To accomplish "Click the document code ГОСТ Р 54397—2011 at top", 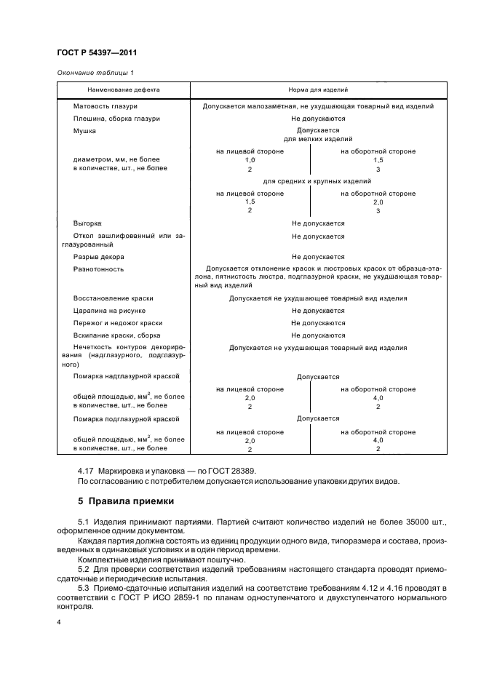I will click(x=96, y=53).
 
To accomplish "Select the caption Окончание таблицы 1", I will click(x=95, y=71).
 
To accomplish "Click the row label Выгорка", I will click(x=87, y=223).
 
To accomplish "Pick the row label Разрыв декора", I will click(x=98, y=257).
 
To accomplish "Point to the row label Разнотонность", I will click(x=98, y=269).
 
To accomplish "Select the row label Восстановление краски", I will click(x=113, y=298).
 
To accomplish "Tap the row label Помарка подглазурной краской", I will click(x=126, y=419).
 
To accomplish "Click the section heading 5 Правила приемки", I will click(x=124, y=502).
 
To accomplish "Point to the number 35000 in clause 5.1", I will click(x=387, y=523).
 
